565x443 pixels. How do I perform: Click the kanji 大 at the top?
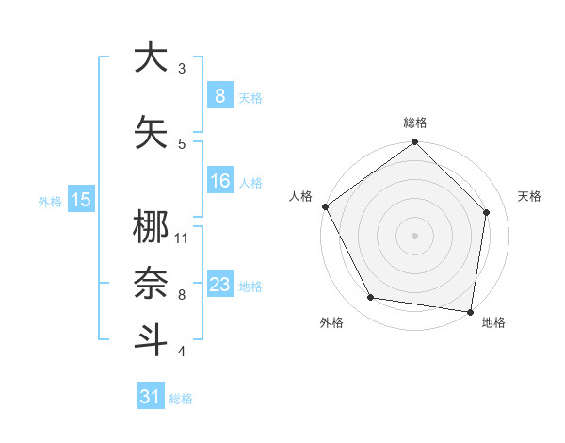point(151,57)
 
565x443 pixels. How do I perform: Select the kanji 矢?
point(151,133)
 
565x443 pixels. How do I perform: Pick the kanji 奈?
point(151,284)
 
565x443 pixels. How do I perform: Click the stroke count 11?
point(182,238)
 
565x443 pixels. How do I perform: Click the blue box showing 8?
point(219,95)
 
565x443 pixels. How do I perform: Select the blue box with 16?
point(219,181)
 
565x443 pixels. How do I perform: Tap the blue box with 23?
point(219,285)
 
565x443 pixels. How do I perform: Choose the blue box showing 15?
point(81,199)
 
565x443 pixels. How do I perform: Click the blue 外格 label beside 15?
point(50,201)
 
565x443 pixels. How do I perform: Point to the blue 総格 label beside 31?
point(181,399)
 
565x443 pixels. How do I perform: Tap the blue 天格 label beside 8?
point(250,97)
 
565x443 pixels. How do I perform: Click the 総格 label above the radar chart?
point(414,123)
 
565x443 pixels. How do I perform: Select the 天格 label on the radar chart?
point(530,196)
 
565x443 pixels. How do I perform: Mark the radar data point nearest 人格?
point(325,206)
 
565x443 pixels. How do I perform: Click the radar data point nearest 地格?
point(471,311)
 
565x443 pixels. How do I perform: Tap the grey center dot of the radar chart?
point(414,235)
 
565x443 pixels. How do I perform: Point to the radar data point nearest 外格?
point(371,298)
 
